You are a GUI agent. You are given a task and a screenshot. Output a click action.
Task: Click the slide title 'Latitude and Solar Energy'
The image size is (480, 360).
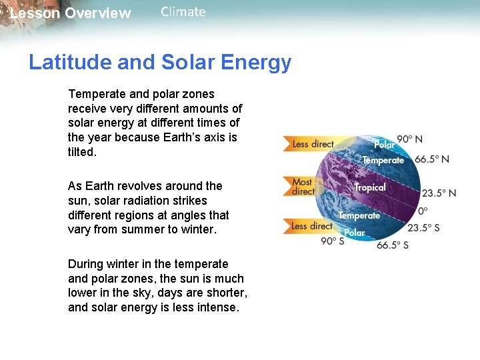tap(160, 63)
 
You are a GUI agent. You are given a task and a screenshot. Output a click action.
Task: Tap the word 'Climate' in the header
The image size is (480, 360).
tap(183, 12)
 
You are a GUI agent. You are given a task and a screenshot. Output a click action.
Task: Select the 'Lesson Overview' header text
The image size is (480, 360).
tap(71, 13)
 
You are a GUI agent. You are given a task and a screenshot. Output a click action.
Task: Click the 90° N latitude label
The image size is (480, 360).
tap(410, 139)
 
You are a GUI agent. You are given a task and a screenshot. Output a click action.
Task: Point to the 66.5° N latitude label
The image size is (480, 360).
tap(432, 159)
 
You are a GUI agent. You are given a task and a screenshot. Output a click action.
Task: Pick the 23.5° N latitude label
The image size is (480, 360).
tap(439, 193)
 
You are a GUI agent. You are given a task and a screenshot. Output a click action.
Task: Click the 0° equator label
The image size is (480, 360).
tap(423, 211)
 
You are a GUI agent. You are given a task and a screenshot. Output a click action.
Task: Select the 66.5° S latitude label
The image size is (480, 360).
tap(393, 245)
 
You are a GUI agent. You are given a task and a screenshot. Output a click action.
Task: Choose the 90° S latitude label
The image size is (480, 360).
tap(333, 241)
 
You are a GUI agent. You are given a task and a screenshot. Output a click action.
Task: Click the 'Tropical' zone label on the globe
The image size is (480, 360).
tap(370, 187)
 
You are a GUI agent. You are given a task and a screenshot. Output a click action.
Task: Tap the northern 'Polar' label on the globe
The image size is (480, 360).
tap(384, 145)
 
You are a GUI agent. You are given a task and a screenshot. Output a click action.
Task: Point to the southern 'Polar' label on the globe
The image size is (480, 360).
tap(355, 233)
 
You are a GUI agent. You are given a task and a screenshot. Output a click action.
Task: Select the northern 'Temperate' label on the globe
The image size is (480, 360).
tap(383, 160)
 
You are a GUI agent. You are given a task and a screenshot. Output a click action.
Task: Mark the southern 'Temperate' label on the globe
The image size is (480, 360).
tap(359, 215)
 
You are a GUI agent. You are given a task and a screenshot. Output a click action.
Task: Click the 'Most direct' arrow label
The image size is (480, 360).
tap(303, 187)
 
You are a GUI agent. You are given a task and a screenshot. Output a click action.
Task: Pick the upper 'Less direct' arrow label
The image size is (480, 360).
tap(313, 144)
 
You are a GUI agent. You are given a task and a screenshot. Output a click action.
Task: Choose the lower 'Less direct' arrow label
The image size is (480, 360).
tap(311, 226)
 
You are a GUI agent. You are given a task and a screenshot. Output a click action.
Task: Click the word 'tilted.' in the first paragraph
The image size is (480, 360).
tap(83, 152)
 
